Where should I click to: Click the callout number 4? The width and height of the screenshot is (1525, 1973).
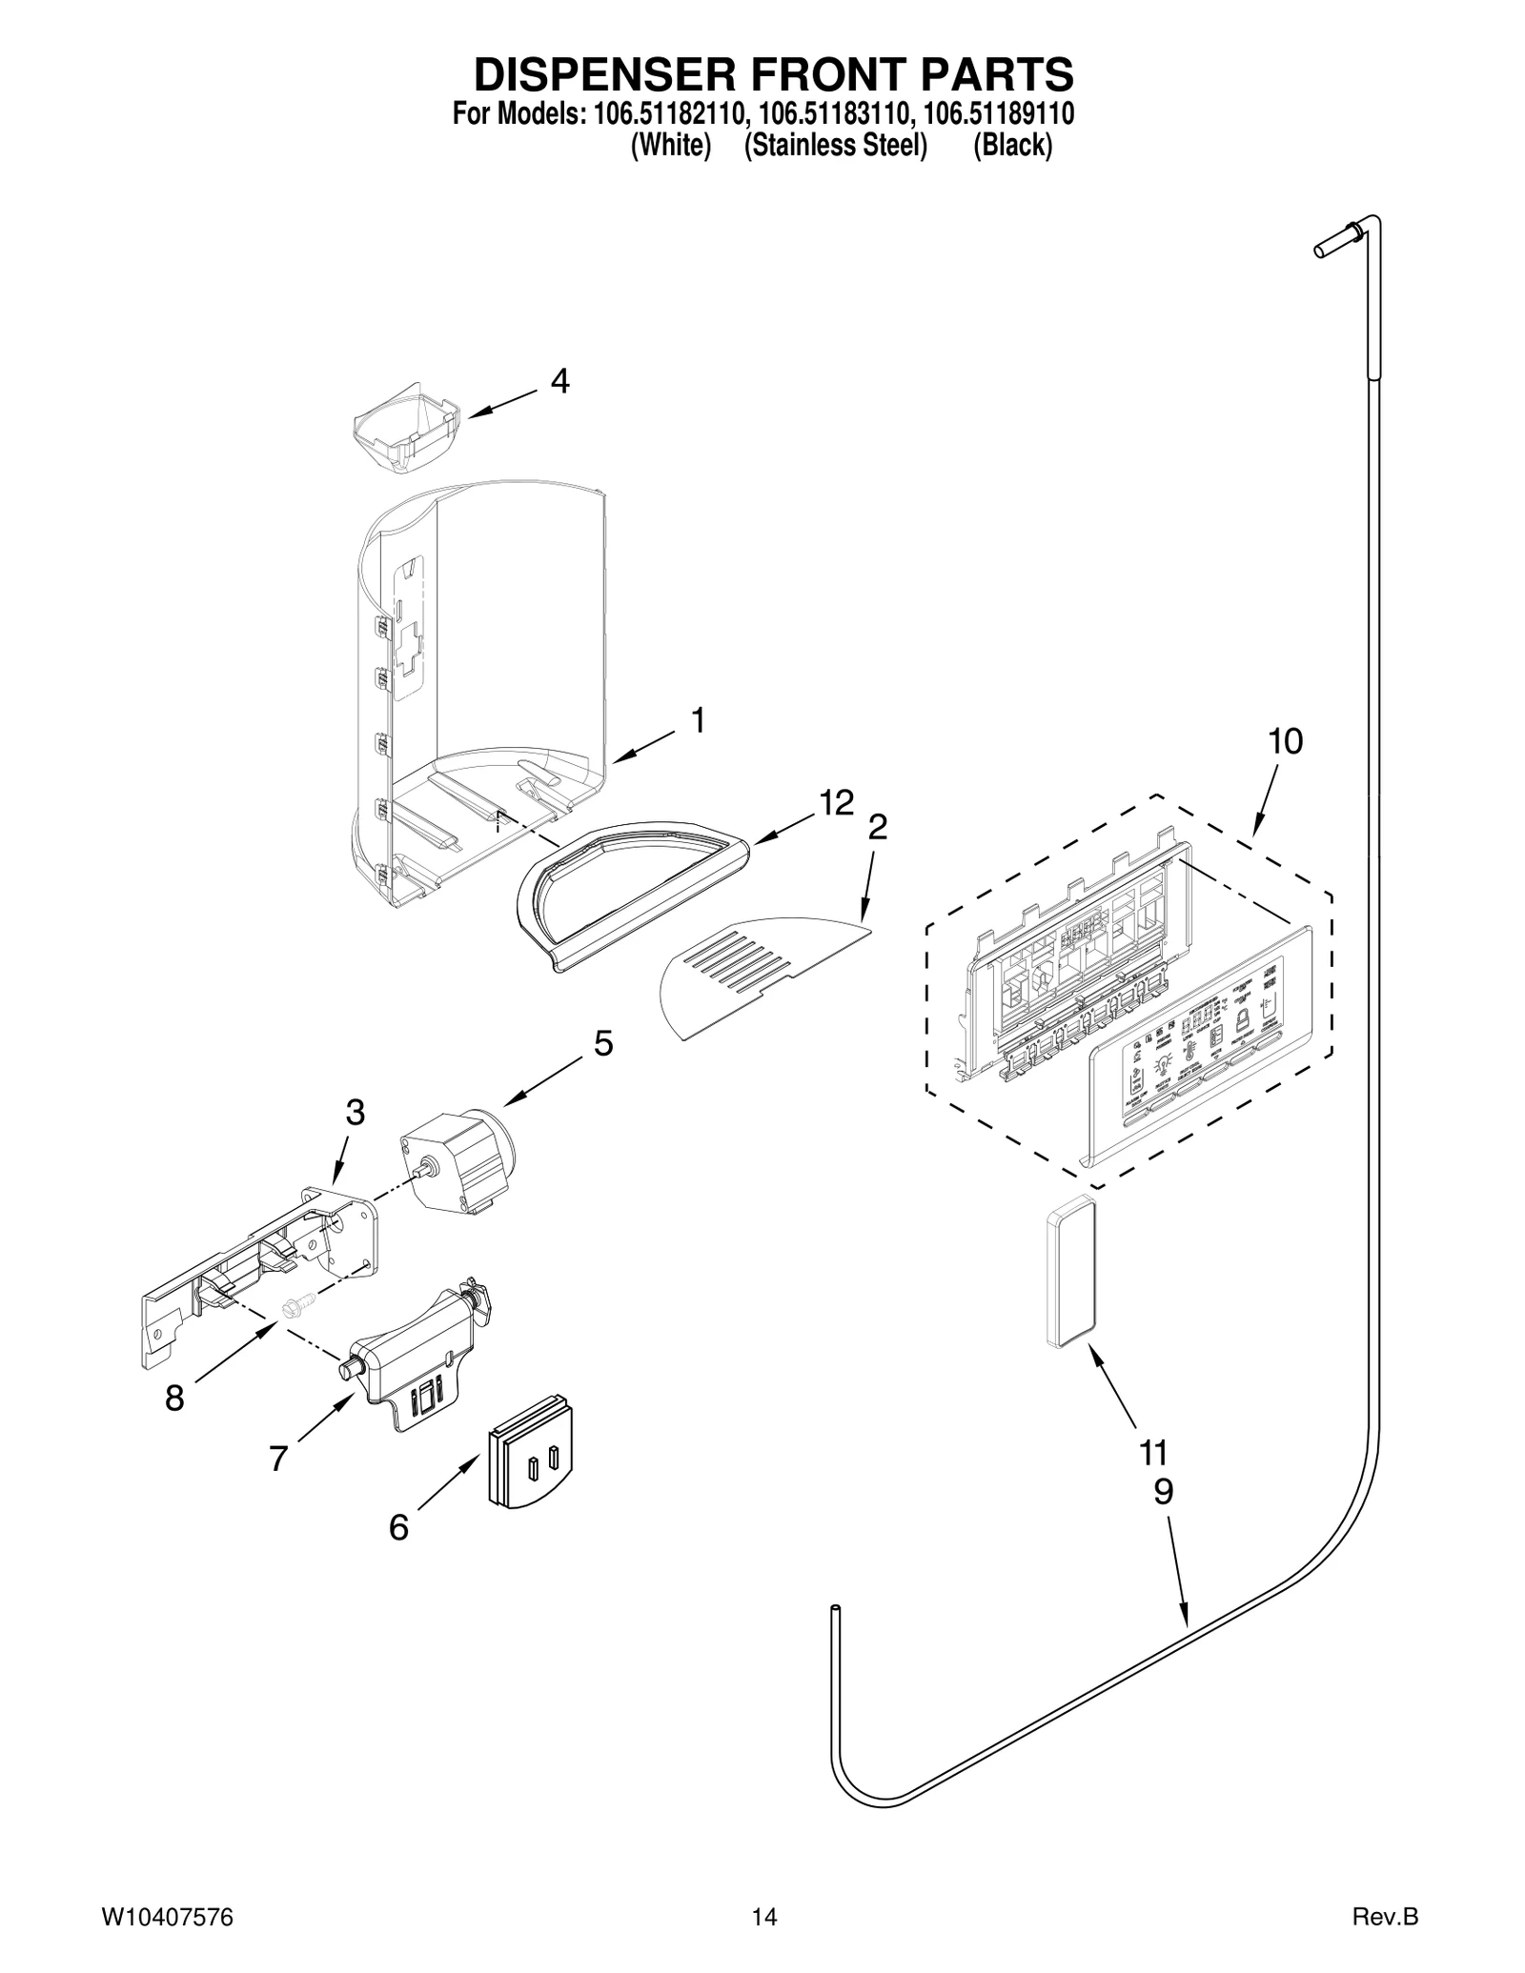560,381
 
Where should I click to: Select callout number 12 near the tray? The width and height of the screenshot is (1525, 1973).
836,803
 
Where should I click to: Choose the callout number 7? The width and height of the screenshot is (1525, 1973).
278,1459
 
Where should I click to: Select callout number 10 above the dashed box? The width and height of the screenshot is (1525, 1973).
1285,741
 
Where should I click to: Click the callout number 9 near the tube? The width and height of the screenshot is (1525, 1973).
1163,1492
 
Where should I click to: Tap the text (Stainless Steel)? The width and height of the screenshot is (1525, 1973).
835,147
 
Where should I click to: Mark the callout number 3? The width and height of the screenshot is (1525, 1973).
355,1112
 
